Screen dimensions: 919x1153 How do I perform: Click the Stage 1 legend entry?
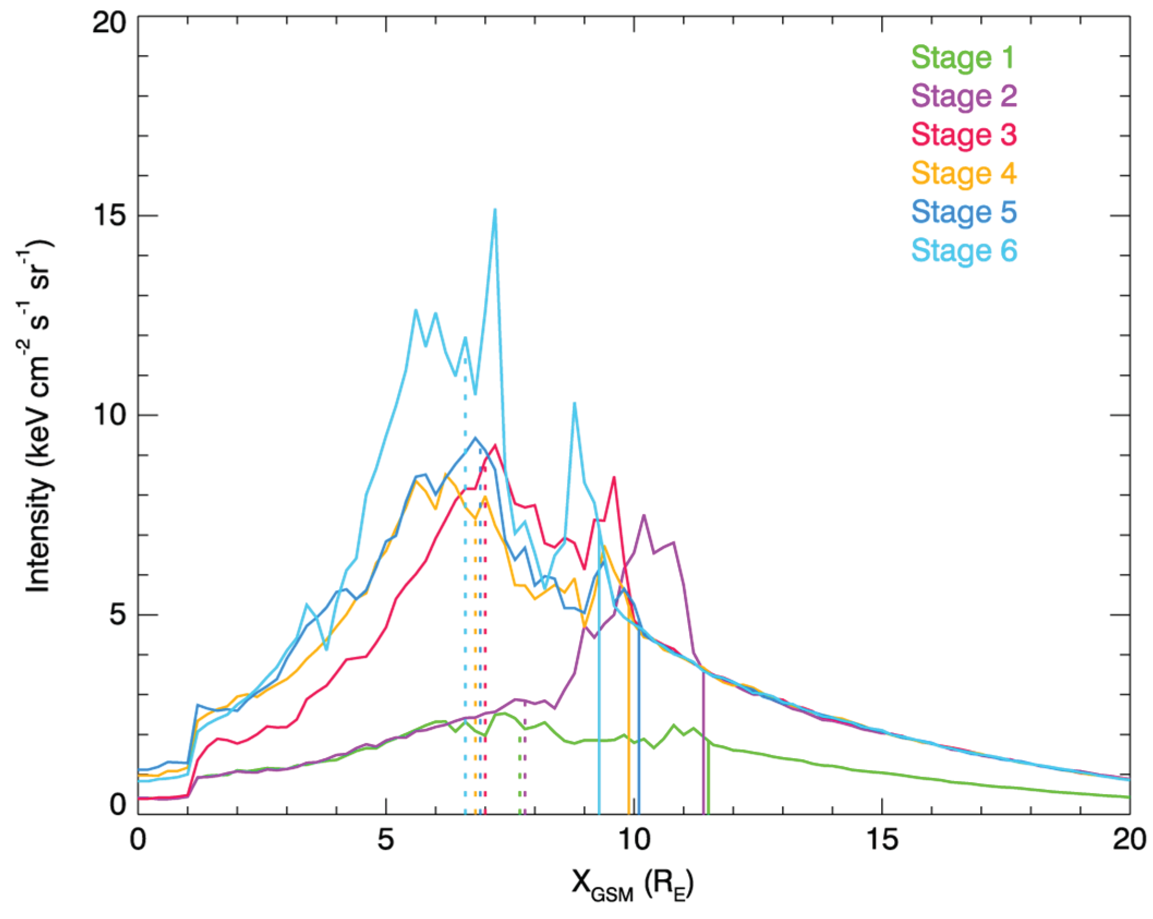click(x=963, y=57)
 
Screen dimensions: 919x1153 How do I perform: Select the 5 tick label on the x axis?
click(x=386, y=839)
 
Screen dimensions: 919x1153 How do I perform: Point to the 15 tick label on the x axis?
click(x=882, y=839)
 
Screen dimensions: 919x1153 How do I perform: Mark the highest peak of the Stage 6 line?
click(x=495, y=210)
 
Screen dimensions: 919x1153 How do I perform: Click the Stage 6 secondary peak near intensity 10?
click(x=574, y=404)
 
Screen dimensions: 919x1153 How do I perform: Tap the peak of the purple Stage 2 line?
click(x=644, y=515)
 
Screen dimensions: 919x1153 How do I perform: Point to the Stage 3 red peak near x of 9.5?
click(x=614, y=478)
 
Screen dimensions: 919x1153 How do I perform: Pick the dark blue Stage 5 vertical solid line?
click(x=639, y=725)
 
